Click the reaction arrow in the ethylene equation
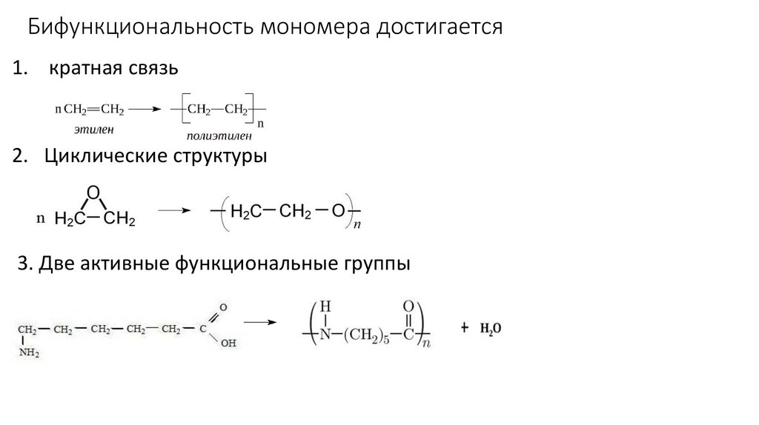[145, 110]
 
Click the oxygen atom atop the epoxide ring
[92, 192]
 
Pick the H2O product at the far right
[491, 328]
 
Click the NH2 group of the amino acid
[30, 354]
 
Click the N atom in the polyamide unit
[324, 335]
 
